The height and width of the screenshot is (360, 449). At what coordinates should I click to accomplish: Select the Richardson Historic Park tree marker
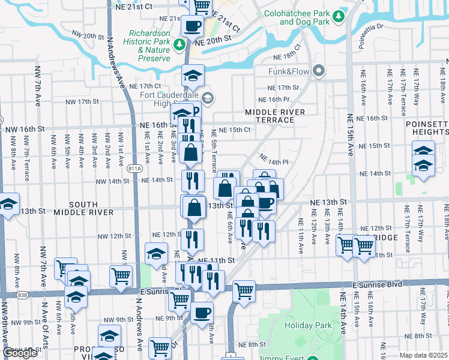pyautogui.click(x=178, y=44)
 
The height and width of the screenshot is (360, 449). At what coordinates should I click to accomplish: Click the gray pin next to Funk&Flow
pyautogui.click(x=318, y=71)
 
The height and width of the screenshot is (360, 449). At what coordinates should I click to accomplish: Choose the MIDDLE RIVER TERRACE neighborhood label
pyautogui.click(x=270, y=116)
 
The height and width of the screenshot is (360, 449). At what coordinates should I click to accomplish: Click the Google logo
pyautogui.click(x=20, y=352)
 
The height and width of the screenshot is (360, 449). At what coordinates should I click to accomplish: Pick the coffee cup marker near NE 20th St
pyautogui.click(x=193, y=26)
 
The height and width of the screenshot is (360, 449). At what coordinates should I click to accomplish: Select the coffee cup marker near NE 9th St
pyautogui.click(x=202, y=312)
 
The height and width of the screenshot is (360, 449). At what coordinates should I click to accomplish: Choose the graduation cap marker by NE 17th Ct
pyautogui.click(x=193, y=76)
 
